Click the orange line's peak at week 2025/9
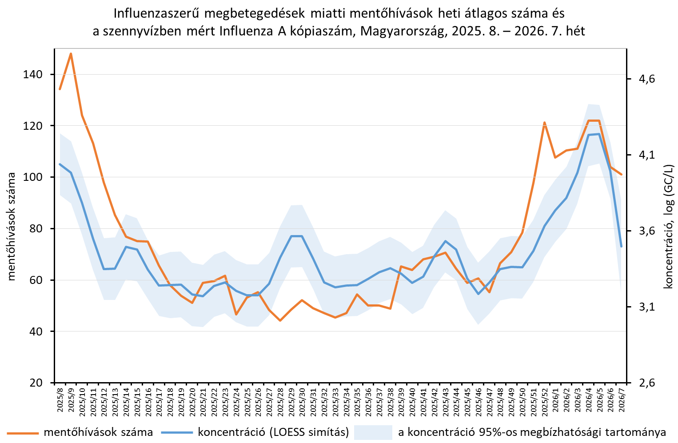tap(71, 54)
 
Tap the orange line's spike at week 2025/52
tap(544, 123)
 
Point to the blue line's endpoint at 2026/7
tap(621, 246)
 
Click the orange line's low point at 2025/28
tap(280, 320)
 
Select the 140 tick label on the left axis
tap(33, 75)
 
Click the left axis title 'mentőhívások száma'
tap(12, 227)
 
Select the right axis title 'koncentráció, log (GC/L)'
tap(668, 227)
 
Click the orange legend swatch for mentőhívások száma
tap(22, 432)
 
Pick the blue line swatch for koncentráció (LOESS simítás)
tap(177, 432)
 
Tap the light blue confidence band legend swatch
tap(373, 432)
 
